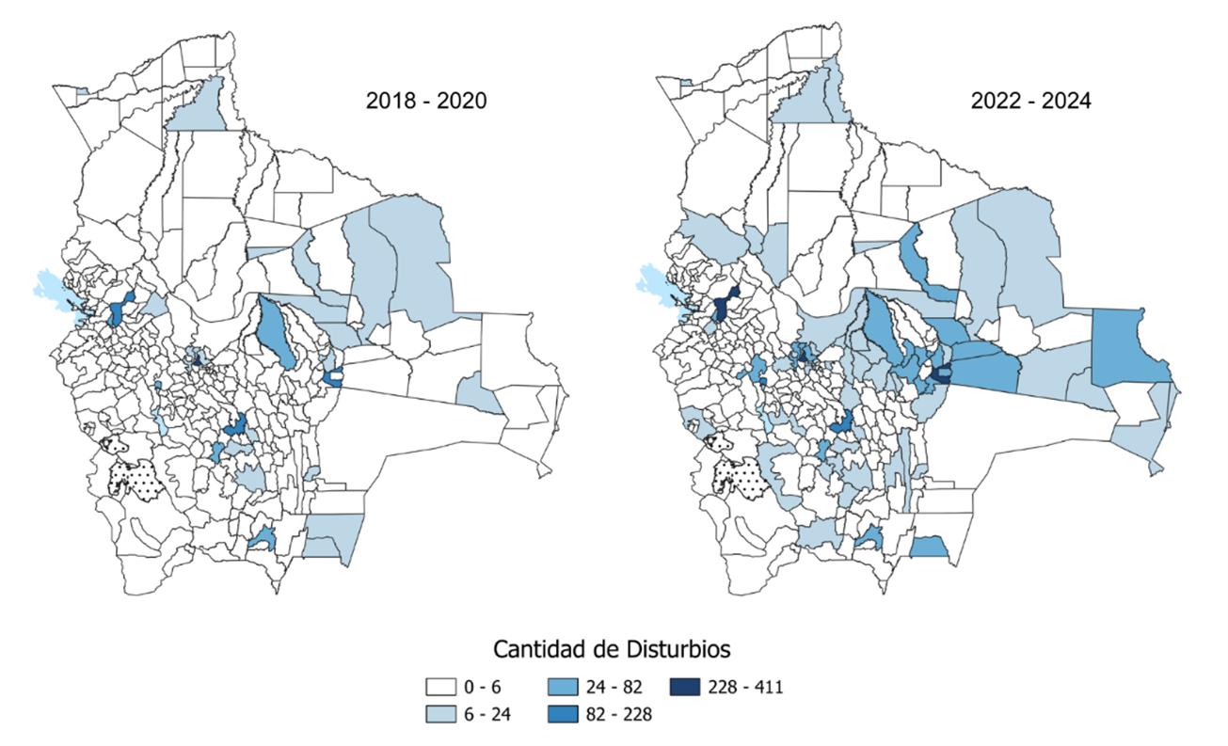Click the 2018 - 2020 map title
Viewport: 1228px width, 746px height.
426,101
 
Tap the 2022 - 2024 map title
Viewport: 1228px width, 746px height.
1030,101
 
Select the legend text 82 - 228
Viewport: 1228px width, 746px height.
612,714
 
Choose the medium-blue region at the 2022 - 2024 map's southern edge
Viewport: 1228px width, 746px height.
930,546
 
